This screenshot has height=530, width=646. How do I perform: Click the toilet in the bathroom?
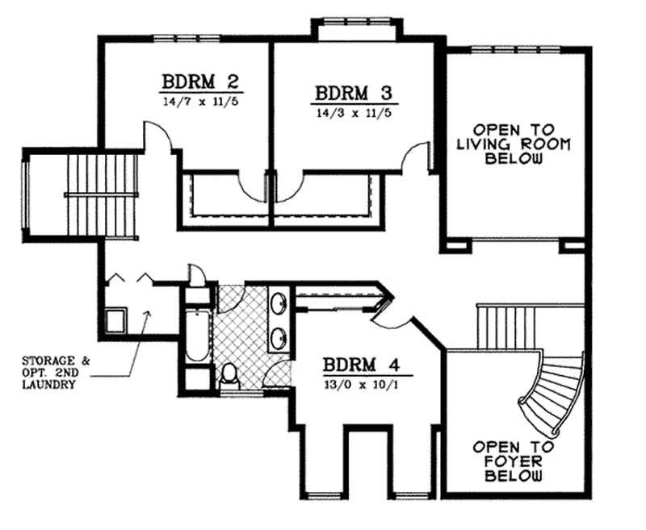tap(229, 374)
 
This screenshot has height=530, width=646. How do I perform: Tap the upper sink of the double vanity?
tap(279, 304)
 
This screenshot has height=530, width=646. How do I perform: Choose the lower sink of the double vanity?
tap(279, 336)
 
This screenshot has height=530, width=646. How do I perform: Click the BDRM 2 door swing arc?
tap(159, 137)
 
